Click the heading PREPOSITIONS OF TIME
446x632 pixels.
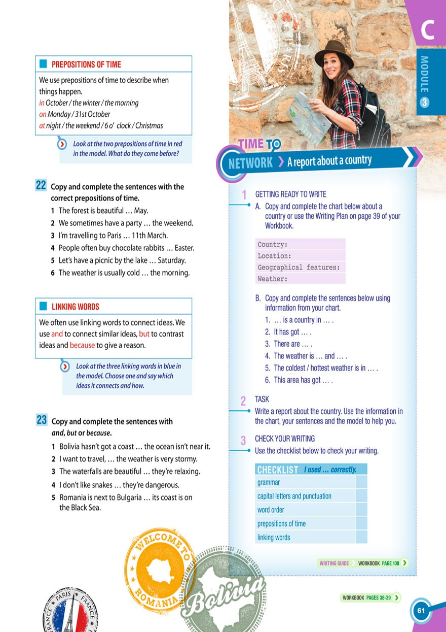pos(86,64)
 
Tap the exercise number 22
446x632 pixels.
pos(41,186)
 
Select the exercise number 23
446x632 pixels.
pos(42,420)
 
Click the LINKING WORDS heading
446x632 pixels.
pos(75,307)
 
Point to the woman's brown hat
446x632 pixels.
pos(333,53)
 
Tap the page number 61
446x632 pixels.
pos(421,610)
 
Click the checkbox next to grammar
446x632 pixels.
pos(361,482)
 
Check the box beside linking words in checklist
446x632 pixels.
pos(361,537)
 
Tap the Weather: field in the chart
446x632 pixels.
pos(301,279)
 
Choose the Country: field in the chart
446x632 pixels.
pos(301,244)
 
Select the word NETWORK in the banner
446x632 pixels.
pos(250,163)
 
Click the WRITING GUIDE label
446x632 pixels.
pos(334,563)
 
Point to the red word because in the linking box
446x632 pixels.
pos(82,345)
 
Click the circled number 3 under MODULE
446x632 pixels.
pos(425,102)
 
